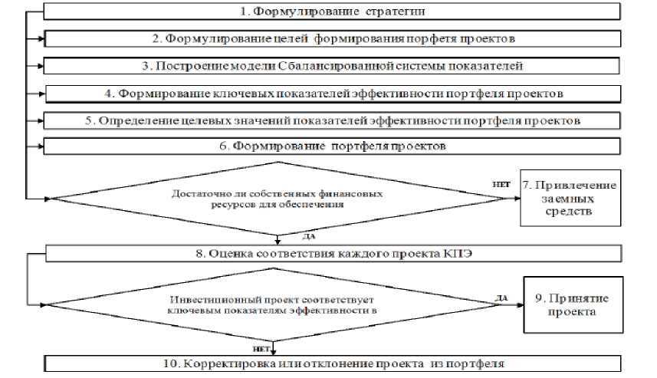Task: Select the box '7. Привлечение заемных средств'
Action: click(x=570, y=198)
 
